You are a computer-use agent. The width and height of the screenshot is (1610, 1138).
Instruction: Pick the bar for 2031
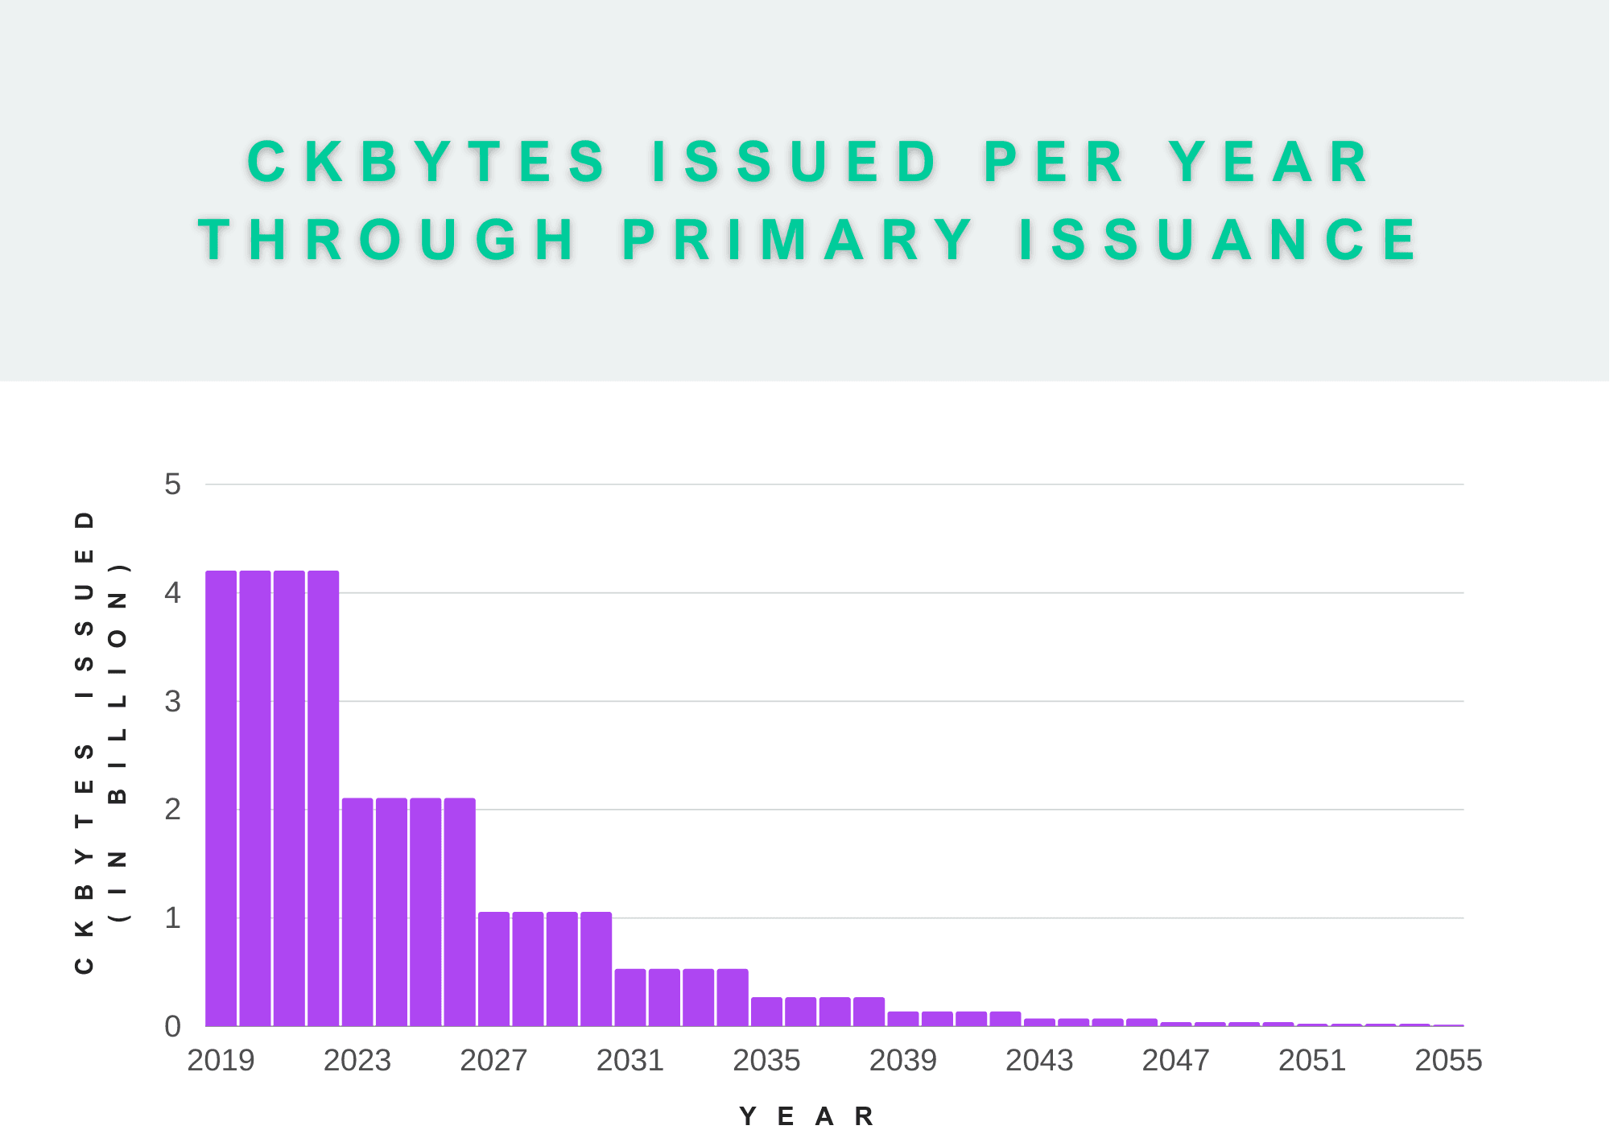click(x=630, y=998)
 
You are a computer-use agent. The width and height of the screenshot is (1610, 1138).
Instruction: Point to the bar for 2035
click(x=766, y=1012)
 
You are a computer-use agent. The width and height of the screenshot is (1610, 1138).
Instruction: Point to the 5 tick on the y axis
click(x=172, y=484)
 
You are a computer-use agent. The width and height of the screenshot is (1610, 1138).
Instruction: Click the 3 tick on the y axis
click(x=172, y=702)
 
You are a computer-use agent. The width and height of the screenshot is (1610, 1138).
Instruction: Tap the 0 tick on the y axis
click(x=172, y=1027)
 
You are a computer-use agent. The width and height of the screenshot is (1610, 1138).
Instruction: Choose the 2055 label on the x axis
click(x=1448, y=1061)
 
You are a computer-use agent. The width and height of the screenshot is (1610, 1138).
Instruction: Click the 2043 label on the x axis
click(x=1039, y=1061)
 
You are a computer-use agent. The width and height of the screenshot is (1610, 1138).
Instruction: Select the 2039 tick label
click(x=903, y=1061)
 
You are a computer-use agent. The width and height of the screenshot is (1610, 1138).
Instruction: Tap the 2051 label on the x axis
click(x=1312, y=1061)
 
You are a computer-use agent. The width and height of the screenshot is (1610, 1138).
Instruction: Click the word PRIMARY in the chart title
click(x=797, y=240)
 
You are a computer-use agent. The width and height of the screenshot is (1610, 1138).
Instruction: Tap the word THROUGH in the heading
click(x=387, y=240)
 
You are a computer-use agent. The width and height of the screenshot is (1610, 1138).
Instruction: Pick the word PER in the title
click(x=1054, y=162)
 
